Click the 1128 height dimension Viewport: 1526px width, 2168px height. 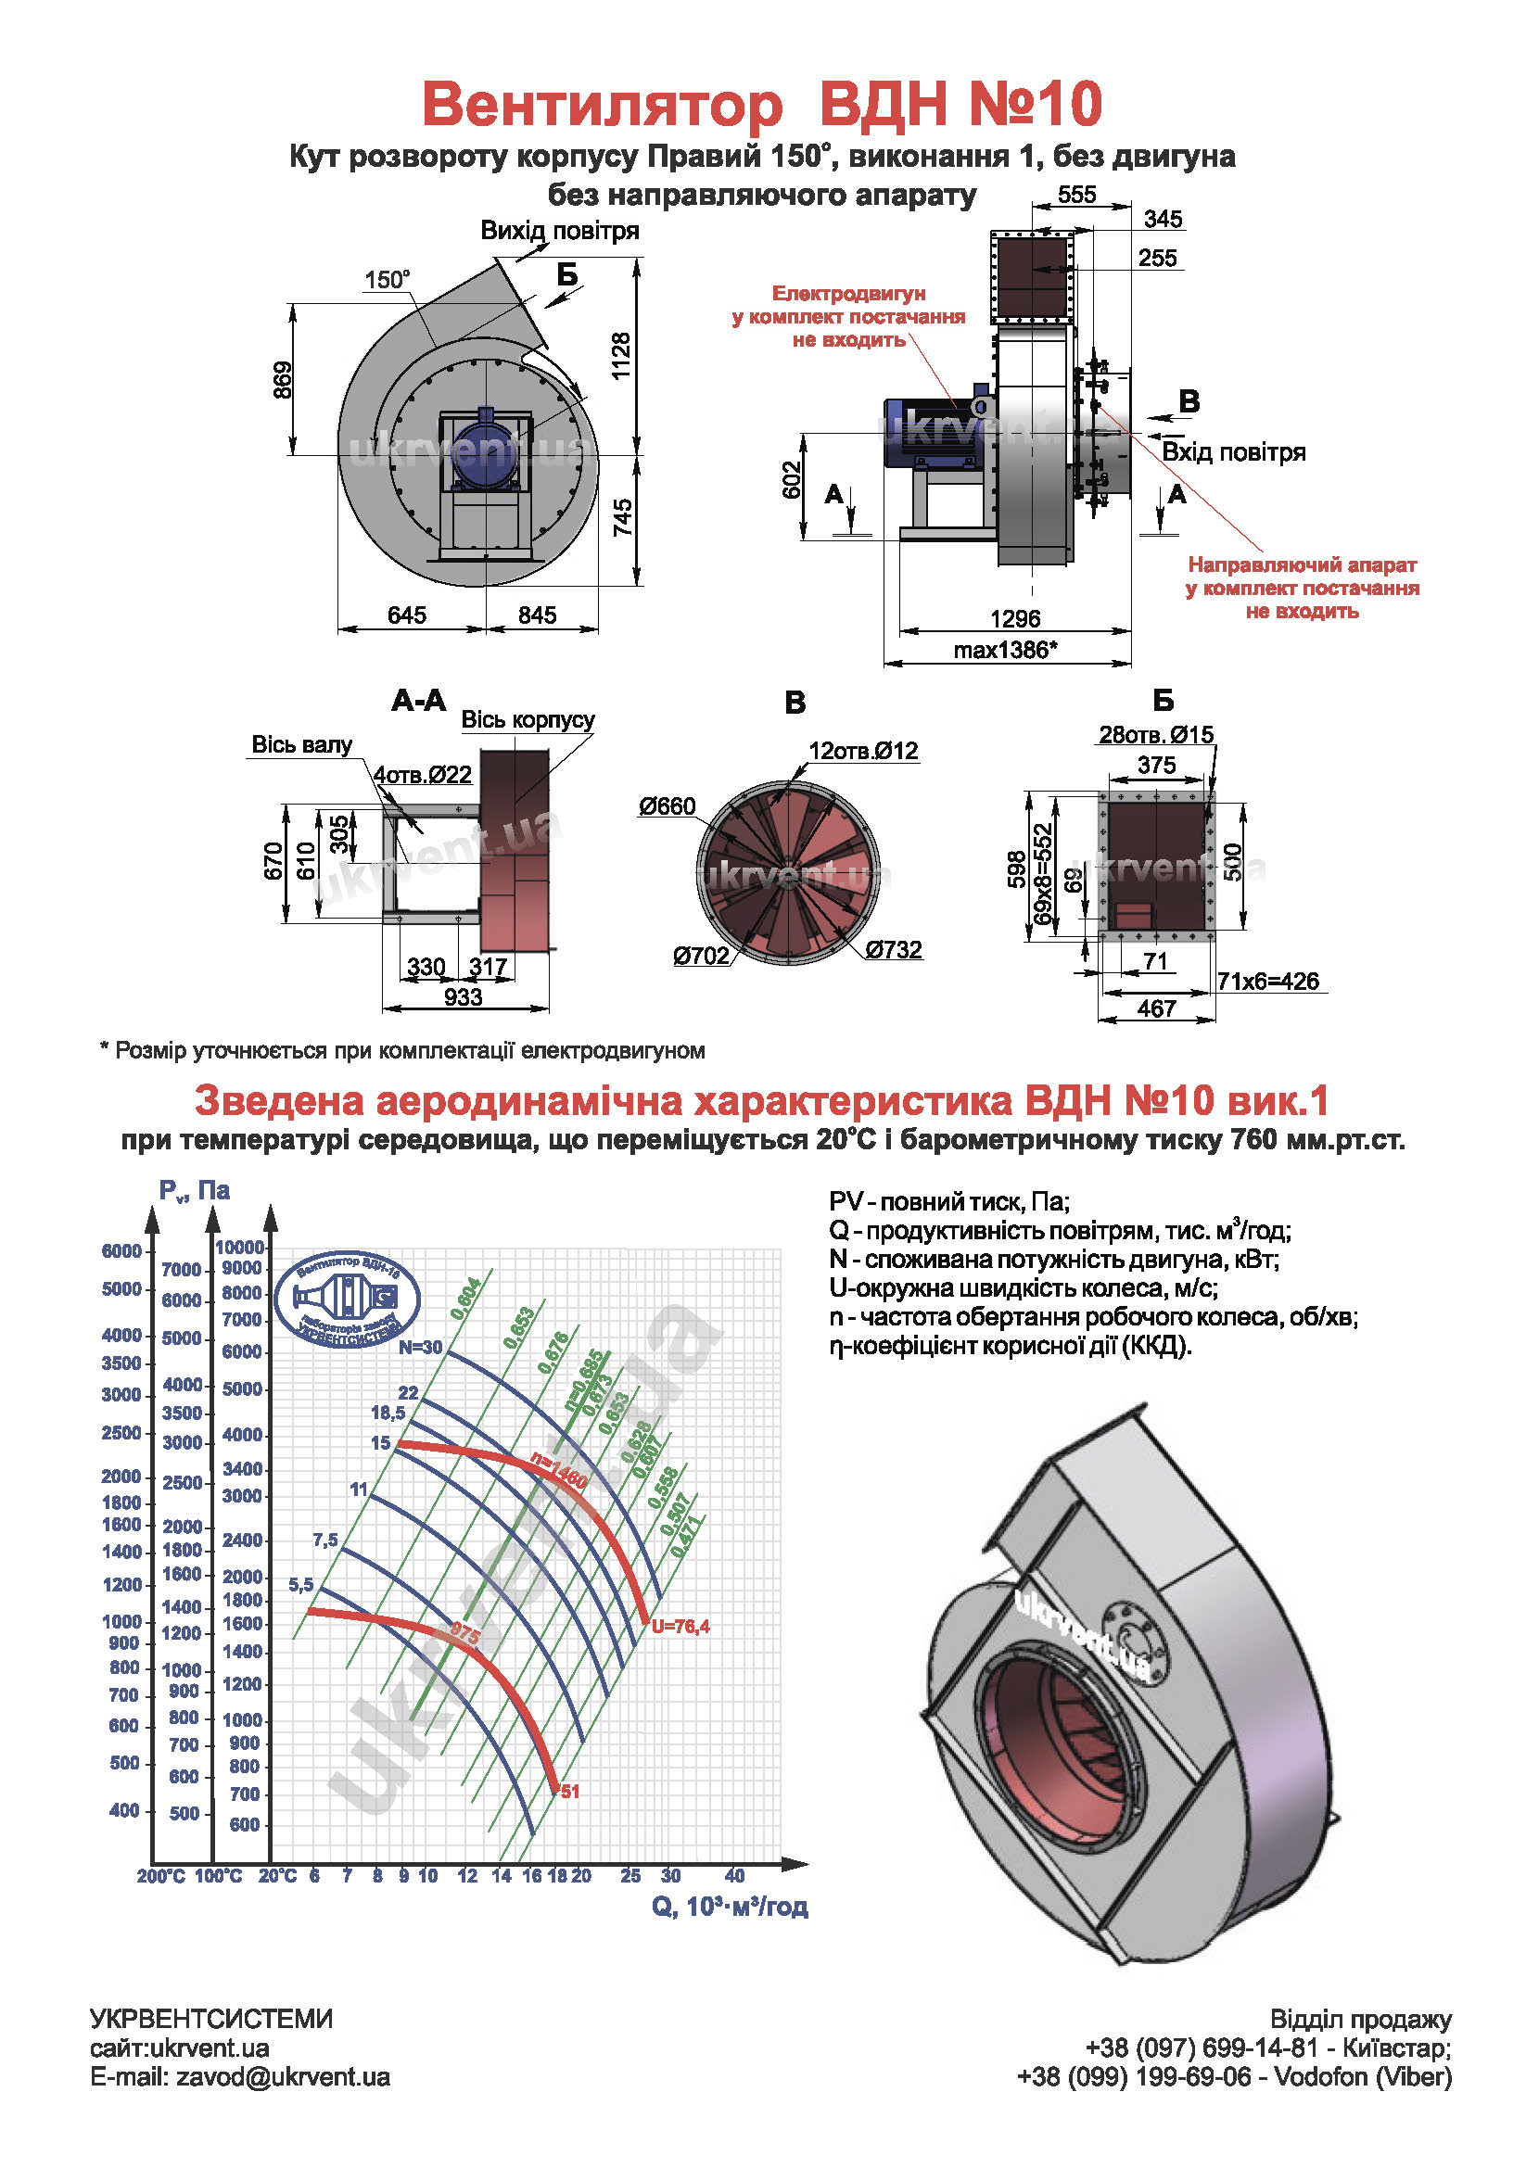point(620,356)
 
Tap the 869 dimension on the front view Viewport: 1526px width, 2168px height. point(283,380)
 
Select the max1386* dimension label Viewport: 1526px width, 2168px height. point(1005,650)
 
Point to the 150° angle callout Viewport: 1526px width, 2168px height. point(387,280)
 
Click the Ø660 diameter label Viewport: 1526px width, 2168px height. point(667,805)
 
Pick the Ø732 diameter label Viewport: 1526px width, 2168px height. point(894,949)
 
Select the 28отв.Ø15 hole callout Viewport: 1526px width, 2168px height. point(1156,734)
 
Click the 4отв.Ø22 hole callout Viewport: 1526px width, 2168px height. point(422,774)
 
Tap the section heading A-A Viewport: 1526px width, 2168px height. point(418,700)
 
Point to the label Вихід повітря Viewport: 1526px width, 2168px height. point(559,231)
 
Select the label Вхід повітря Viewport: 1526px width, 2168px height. point(1232,451)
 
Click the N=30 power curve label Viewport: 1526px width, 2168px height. point(420,1347)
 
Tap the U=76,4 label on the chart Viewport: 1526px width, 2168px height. point(680,1626)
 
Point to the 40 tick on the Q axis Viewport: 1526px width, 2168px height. point(734,1875)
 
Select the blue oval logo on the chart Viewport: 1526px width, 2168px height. point(347,1300)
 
